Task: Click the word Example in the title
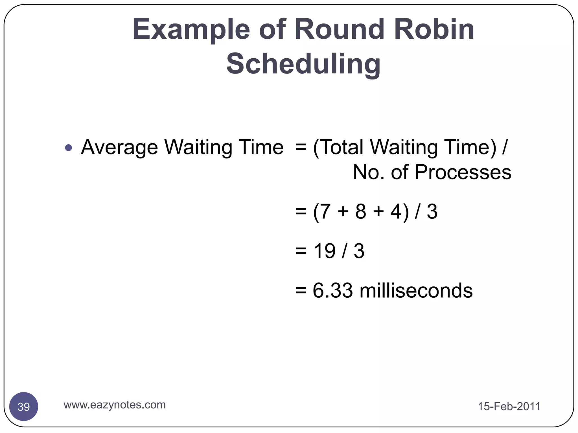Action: [x=191, y=30]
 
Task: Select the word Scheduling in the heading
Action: [x=303, y=64]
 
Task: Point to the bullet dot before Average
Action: [x=69, y=147]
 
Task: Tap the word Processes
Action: [x=463, y=172]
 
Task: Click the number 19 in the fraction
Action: [x=325, y=251]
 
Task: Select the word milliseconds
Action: [x=416, y=291]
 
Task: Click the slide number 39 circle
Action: [x=24, y=407]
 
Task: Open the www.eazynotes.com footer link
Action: [x=115, y=405]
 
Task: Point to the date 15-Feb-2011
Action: [x=509, y=407]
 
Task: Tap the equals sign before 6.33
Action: [x=301, y=291]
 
